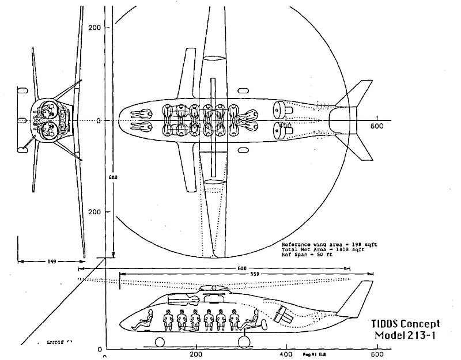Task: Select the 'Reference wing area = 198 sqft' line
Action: (x=326, y=244)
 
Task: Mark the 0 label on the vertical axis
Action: (x=98, y=120)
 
